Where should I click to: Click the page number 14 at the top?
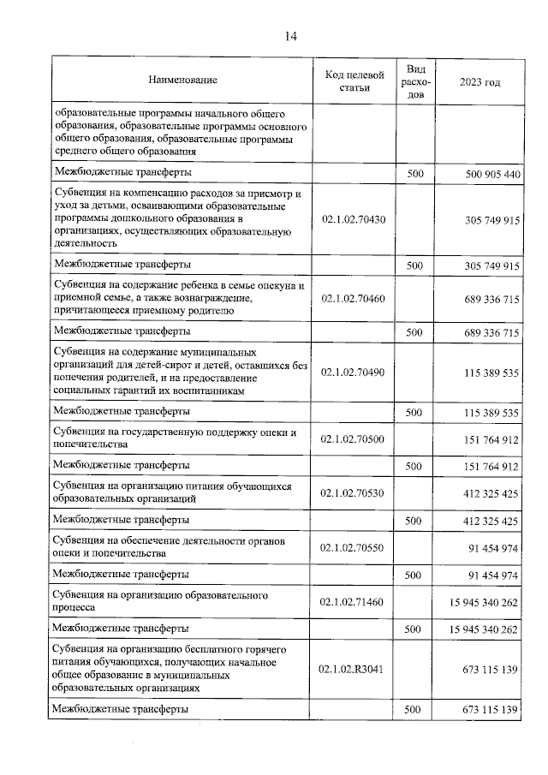pos(290,35)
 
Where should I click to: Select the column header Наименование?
pos(182,80)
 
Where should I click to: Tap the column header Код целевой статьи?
pos(353,80)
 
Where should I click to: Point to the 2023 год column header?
pos(479,80)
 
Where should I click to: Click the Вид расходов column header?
pos(415,80)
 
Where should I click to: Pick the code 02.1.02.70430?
pos(353,219)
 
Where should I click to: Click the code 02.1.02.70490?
pos(353,372)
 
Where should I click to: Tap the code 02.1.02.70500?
pos(353,438)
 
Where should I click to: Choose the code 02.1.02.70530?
pos(353,492)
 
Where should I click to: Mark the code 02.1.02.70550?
pos(353,547)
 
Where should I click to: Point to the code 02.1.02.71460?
pos(353,601)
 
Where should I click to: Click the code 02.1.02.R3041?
pos(353,668)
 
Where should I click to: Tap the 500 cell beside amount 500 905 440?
pos(415,174)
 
